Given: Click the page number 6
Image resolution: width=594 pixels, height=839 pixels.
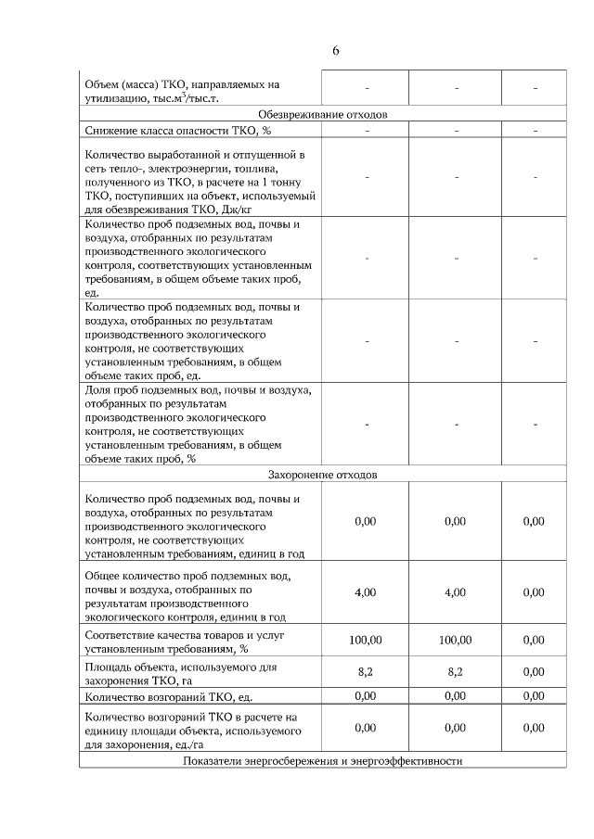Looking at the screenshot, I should coord(335,50).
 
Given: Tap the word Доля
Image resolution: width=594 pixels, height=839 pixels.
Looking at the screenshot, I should coord(97,390).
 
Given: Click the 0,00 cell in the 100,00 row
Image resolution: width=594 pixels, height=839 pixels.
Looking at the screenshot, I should coord(534,641).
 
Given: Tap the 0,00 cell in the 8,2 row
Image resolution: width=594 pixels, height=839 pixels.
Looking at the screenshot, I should coord(534,672).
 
